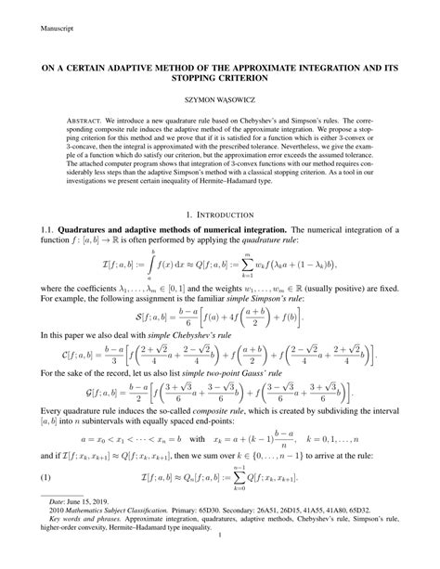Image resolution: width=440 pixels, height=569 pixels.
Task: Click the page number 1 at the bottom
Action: pos(220,561)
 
